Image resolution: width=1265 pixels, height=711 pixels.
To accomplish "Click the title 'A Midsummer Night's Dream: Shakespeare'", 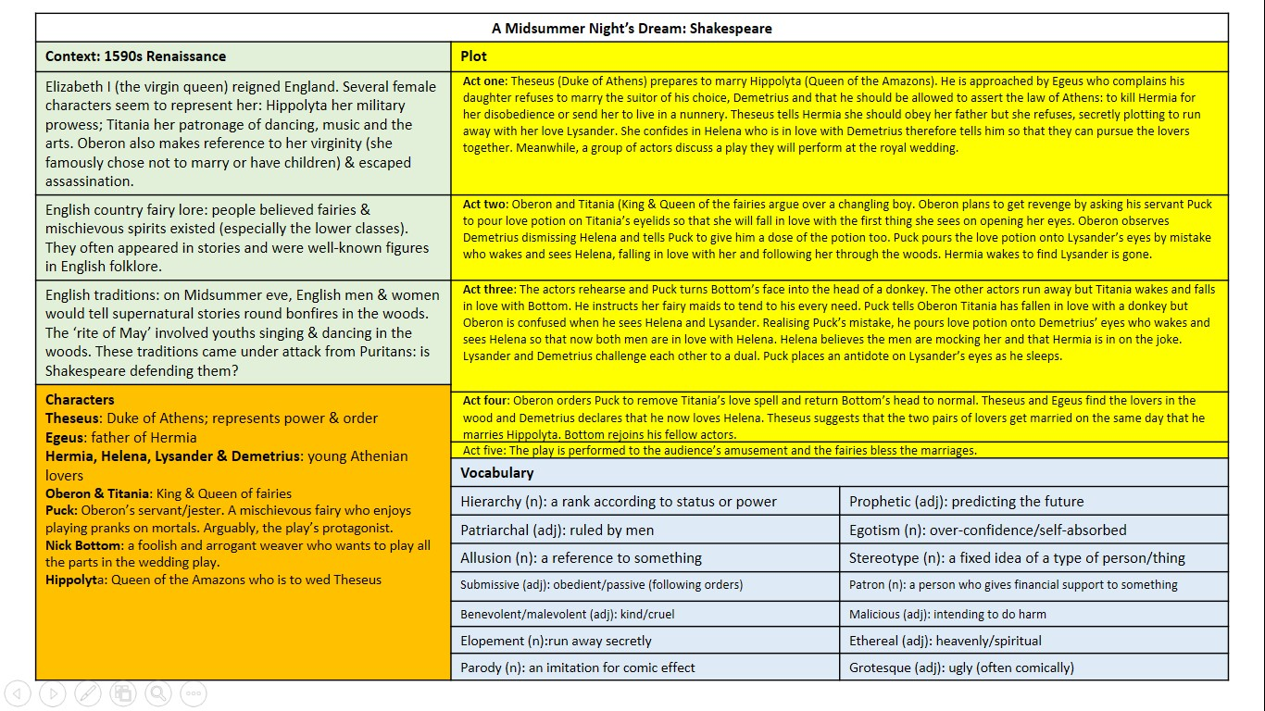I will tap(632, 28).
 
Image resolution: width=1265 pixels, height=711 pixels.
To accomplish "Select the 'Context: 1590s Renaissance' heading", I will tap(135, 56).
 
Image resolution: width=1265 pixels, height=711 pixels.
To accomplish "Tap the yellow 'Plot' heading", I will tap(474, 56).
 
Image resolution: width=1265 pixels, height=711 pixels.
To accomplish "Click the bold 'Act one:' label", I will tap(485, 81).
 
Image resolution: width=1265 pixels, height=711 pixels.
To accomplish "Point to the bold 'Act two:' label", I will tap(485, 205).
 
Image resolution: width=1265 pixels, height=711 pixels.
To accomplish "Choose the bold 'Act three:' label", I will tap(490, 290).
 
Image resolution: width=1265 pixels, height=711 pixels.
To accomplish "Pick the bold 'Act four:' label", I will tap(486, 401).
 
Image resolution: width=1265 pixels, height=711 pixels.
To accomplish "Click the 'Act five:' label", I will tap(484, 451).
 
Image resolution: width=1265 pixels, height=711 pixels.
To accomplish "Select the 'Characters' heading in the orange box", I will tap(80, 400).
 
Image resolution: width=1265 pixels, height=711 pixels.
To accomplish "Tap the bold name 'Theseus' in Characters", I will tap(73, 418).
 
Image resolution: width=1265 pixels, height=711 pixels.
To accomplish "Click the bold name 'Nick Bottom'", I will tap(84, 545).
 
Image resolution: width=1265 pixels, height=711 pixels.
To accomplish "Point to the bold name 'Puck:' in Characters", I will tap(62, 510).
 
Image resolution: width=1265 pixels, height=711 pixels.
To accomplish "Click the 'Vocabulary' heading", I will tap(497, 473).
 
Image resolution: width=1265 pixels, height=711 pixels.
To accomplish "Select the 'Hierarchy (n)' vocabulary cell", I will tap(619, 502).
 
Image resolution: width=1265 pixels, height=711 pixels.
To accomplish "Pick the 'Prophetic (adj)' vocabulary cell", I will tap(966, 502).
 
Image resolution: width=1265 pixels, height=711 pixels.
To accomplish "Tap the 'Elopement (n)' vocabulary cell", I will tap(557, 641).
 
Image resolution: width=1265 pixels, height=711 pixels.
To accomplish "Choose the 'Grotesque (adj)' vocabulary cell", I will tap(961, 667).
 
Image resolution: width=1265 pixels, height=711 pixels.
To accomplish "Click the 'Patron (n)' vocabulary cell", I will tap(1013, 585).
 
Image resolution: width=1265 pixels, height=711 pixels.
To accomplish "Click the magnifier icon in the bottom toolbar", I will tap(158, 692).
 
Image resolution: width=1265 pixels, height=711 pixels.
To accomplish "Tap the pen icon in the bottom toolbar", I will tap(88, 692).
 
